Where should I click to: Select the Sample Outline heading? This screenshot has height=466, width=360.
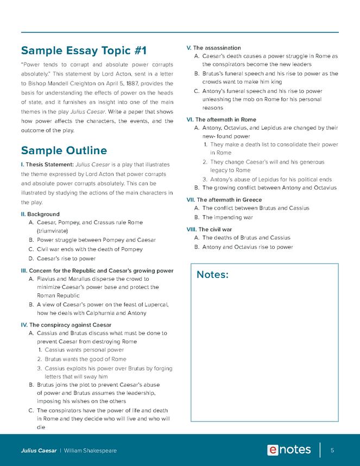tap(64, 150)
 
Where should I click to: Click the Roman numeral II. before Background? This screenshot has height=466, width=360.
tap(23, 215)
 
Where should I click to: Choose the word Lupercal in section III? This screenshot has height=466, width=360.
tap(156, 305)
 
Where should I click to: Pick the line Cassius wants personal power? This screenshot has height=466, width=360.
tap(84, 350)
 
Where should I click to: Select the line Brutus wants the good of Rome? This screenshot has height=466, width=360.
tap(85, 359)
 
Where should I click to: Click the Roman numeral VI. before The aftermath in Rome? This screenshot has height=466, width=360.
tap(190, 119)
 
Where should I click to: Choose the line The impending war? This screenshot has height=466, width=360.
tap(228, 217)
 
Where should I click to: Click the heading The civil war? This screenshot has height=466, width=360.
tap(217, 229)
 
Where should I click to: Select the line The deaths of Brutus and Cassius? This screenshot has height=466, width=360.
tap(246, 238)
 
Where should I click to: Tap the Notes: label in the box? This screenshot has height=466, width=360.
tap(212, 275)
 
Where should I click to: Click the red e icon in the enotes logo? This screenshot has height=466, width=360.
tap(273, 450)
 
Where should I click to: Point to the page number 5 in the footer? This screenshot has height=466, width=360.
tap(332, 450)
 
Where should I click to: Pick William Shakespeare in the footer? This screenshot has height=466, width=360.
tap(90, 451)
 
